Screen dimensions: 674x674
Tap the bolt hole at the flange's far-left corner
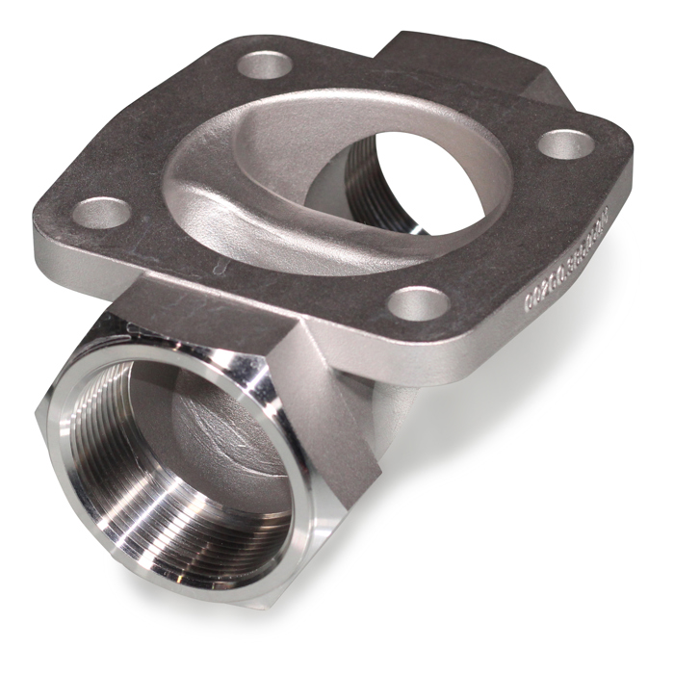tap(101, 212)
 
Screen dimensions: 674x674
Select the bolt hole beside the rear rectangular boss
tap(265, 65)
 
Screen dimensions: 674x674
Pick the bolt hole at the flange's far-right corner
tap(564, 143)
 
